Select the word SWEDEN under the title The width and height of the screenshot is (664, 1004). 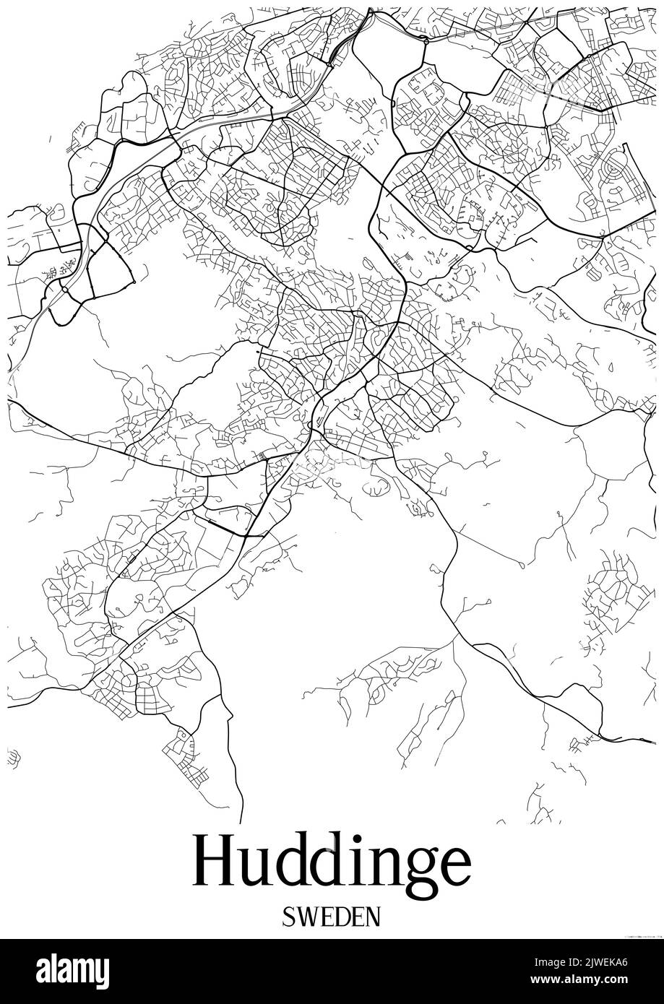tap(332, 917)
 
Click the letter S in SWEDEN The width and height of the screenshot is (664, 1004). tap(290, 917)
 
